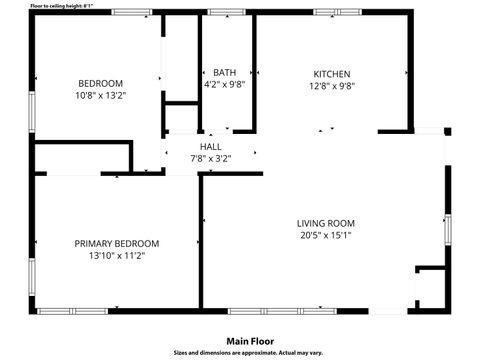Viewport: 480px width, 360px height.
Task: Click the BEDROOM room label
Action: point(101,82)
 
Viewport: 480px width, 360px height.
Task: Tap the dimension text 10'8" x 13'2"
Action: point(101,95)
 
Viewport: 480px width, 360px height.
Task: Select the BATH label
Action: point(225,73)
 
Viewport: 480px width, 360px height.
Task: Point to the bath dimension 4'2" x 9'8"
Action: point(225,86)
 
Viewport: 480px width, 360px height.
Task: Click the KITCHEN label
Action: point(332,74)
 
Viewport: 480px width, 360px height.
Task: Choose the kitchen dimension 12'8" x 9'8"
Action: point(332,87)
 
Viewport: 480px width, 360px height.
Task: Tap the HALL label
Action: point(211,147)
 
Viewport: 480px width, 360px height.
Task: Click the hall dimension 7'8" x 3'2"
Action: point(211,159)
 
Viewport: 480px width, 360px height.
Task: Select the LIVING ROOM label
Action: point(326,223)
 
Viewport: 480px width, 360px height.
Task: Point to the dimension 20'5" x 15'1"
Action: point(326,236)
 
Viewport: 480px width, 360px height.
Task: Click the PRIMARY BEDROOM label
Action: point(117,243)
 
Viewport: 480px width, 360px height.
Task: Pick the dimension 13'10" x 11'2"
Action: point(117,256)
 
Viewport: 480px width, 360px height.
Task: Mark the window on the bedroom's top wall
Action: point(132,12)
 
